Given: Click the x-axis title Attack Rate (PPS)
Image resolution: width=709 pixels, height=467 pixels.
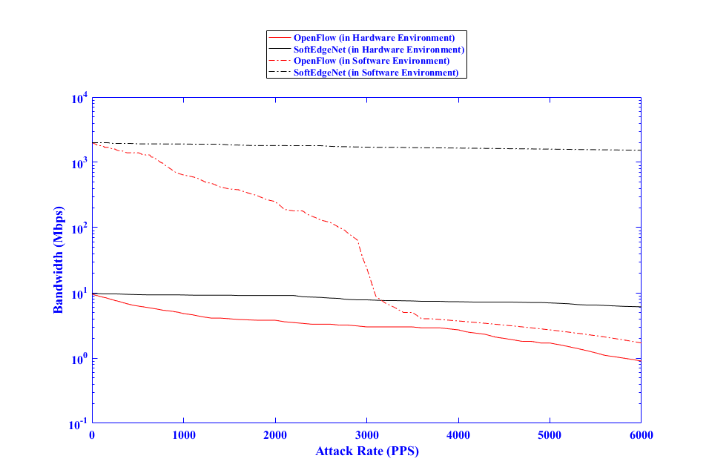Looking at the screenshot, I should click(366, 451).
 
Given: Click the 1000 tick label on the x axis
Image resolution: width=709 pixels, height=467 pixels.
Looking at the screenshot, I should click(183, 435).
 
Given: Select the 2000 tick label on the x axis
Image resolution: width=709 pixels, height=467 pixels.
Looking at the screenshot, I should click(275, 435).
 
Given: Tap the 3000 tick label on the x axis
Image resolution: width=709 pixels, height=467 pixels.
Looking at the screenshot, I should click(366, 435).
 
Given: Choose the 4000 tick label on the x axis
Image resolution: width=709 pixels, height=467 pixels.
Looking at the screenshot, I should click(458, 435).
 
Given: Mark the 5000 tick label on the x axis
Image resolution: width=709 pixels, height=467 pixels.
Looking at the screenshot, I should click(550, 435).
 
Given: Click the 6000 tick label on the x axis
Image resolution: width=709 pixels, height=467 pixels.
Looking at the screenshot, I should click(641, 435).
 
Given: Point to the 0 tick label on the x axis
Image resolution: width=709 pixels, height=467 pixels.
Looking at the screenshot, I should click(92, 435).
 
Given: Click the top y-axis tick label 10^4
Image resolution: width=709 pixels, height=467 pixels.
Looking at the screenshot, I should click(80, 98).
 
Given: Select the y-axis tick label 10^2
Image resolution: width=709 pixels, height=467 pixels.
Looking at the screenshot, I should click(80, 228).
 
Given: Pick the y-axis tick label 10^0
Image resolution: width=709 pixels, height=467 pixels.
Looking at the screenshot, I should click(80, 359).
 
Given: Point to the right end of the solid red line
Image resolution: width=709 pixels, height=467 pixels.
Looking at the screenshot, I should click(641, 361).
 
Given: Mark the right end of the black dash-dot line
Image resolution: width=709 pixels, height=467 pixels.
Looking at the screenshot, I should click(641, 150).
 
